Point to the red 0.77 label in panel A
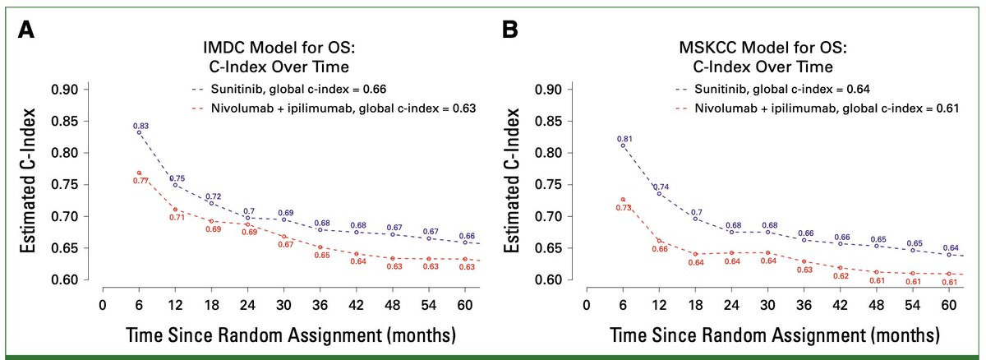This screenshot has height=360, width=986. tap(140, 181)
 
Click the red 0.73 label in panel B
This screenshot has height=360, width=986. tap(623, 208)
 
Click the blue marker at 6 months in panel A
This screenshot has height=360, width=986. tap(139, 132)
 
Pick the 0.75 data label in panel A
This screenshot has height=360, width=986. tap(176, 178)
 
